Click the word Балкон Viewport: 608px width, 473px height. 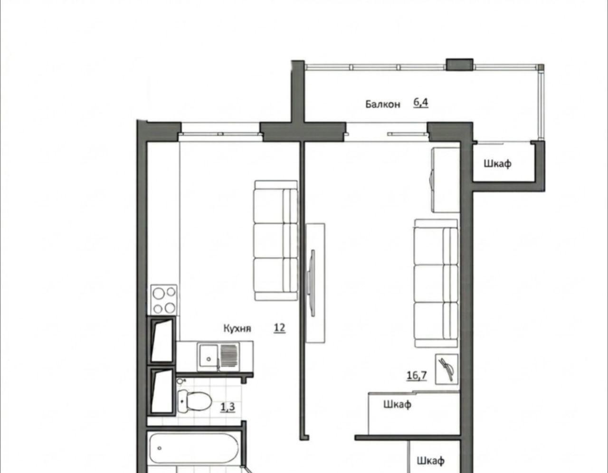(x=383, y=104)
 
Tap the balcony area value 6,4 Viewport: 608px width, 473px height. (x=421, y=103)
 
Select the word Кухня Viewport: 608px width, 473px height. (x=237, y=328)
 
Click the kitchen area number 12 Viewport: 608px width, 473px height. (x=279, y=327)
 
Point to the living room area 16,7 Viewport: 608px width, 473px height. (x=417, y=375)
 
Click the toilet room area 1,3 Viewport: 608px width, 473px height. (x=228, y=407)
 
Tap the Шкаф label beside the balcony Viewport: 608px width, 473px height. (x=497, y=164)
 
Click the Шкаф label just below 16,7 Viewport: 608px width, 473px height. (x=397, y=404)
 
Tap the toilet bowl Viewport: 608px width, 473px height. (x=194, y=401)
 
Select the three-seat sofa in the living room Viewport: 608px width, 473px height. (x=436, y=283)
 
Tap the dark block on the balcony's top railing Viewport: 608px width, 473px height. (x=459, y=64)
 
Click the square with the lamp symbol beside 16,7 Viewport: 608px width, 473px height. (x=447, y=369)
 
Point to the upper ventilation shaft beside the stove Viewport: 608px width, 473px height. (x=162, y=341)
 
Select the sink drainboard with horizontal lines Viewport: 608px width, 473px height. (x=228, y=356)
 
